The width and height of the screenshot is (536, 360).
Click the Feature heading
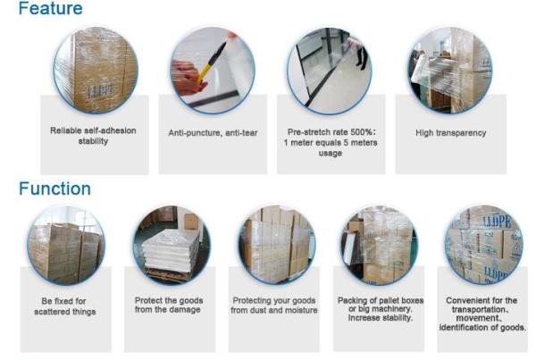[51, 8]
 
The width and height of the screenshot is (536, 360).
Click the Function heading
[55, 188]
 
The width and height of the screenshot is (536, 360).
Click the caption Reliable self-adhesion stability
[93, 136]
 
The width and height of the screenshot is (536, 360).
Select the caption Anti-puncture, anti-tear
[213, 132]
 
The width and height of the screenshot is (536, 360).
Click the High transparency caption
[450, 132]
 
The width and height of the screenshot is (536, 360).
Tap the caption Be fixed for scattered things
[64, 306]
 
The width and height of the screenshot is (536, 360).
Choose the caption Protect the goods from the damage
[169, 305]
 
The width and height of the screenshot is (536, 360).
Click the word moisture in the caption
[303, 310]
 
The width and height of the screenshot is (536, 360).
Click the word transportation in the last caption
[479, 309]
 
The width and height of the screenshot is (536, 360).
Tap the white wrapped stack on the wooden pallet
[170, 252]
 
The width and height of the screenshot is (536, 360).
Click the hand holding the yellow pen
[187, 78]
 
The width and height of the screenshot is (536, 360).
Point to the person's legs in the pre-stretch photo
[362, 57]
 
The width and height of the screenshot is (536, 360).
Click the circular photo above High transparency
[450, 70]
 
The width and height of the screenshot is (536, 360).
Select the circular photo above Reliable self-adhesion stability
[96, 70]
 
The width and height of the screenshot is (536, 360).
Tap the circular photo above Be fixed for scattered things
[66, 245]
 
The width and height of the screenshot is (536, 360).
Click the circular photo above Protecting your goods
[277, 245]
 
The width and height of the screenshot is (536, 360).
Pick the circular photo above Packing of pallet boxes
[380, 245]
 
